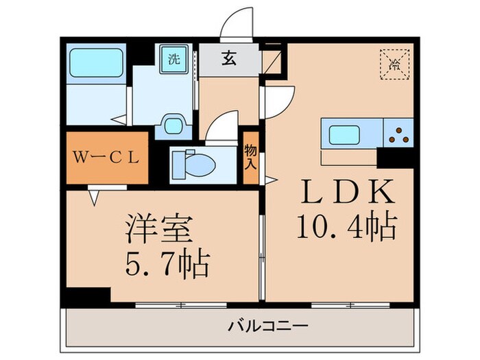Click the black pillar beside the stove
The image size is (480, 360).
pos(394,157)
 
